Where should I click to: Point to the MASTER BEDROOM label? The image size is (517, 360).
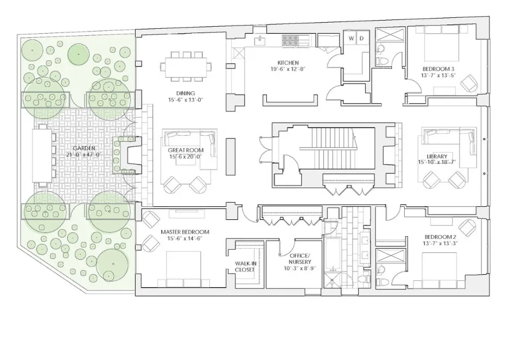coord(184,232)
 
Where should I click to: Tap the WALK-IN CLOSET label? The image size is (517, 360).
coord(245,266)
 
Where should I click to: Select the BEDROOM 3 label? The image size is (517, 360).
coord(438,69)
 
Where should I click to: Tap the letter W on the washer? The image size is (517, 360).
coord(350,38)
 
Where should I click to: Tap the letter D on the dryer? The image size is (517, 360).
coord(362,38)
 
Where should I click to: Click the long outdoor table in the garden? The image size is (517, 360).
coord(42,155)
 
